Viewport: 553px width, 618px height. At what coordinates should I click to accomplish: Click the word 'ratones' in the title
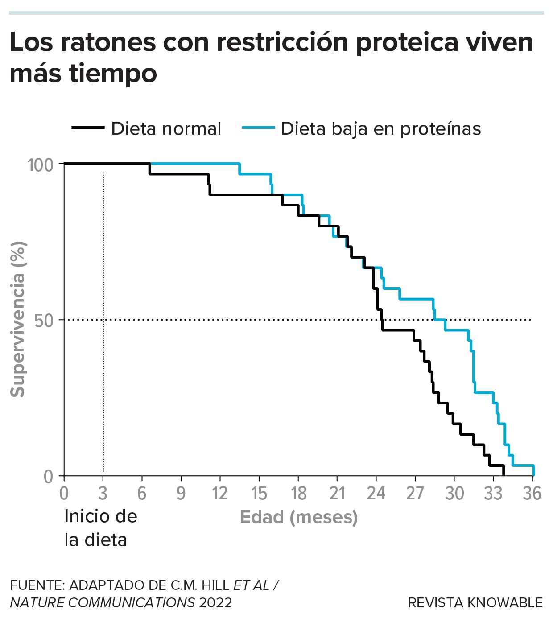point(108,42)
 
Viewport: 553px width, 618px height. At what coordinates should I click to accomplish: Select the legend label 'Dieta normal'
point(166,128)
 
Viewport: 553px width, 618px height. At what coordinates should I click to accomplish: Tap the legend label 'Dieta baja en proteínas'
point(380,128)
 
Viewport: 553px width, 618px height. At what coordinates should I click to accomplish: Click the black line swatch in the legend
point(88,128)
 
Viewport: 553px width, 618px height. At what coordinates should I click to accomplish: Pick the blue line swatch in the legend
point(258,128)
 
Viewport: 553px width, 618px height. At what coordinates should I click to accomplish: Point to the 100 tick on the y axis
point(40,165)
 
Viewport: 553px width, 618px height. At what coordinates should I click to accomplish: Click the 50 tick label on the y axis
point(44,321)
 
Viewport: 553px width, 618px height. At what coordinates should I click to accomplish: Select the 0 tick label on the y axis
point(48,477)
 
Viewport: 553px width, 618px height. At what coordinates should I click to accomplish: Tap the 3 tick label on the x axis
point(103,494)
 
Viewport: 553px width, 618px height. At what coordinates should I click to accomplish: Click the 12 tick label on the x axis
point(219,494)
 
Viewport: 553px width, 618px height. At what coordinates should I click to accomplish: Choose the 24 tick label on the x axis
point(376,494)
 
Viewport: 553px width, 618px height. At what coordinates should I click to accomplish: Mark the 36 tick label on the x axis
point(532,494)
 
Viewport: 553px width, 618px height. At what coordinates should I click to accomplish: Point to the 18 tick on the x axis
point(298,494)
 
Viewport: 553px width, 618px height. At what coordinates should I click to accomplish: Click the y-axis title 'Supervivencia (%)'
point(18,319)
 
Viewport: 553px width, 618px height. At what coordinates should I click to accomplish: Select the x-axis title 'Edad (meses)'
point(298,517)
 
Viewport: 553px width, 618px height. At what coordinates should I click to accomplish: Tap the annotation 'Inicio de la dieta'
point(100,528)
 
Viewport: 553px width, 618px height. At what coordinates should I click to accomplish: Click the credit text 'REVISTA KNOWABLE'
point(475,603)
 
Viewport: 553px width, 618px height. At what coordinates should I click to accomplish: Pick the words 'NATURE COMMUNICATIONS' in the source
point(103,603)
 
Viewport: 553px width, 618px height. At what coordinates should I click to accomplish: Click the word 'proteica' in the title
point(406,42)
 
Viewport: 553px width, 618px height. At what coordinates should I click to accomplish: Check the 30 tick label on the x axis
point(454,494)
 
